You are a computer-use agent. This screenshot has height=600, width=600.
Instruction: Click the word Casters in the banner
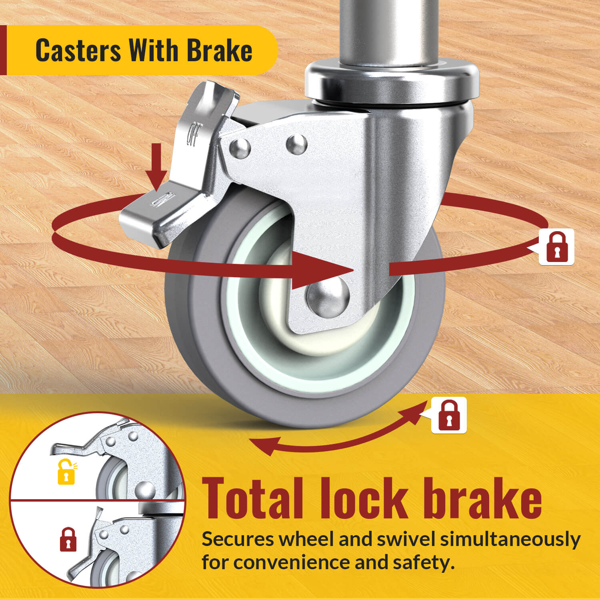pyautogui.click(x=78, y=50)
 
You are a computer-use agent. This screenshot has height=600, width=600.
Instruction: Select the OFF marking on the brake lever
pyautogui.click(x=194, y=134)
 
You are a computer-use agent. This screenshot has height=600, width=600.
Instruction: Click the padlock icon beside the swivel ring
pyautogui.click(x=556, y=247)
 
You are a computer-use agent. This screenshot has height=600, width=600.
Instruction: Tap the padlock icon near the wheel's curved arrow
pyautogui.click(x=449, y=415)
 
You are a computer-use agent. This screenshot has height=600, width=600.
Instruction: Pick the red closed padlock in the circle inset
pyautogui.click(x=68, y=540)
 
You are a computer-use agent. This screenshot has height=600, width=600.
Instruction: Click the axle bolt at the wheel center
pyautogui.click(x=328, y=298)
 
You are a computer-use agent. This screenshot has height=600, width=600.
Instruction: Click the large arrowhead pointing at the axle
pyautogui.click(x=320, y=270)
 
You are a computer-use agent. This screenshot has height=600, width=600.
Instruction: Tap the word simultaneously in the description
pyautogui.click(x=510, y=540)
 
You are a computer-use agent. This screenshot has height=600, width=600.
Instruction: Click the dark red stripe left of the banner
pyautogui.click(x=3, y=50)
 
